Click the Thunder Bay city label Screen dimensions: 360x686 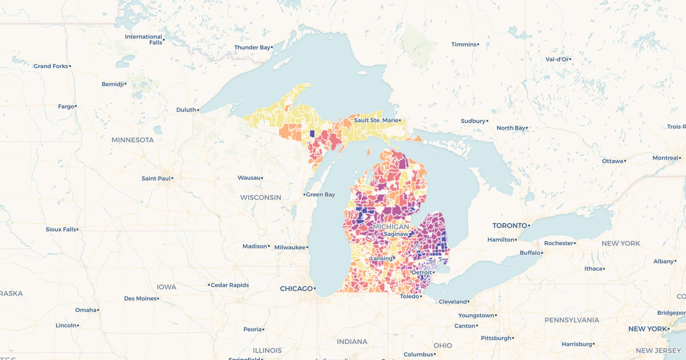[x=252, y=47]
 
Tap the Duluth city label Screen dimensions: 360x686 [x=186, y=110]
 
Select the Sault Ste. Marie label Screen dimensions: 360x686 [x=376, y=120]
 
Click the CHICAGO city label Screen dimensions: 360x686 [x=296, y=289]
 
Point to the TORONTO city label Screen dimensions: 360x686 [x=509, y=226]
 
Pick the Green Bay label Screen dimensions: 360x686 [x=321, y=195]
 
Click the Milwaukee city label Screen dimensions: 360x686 [x=290, y=247]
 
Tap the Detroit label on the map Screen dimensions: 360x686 [x=421, y=273]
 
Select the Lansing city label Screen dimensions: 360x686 [x=381, y=258]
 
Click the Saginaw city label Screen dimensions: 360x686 [x=397, y=234]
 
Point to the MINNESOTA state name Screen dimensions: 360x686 [x=133, y=140]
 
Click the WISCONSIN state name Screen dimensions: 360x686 [x=261, y=198]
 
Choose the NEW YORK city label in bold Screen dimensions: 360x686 [x=648, y=329]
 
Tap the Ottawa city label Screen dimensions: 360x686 [x=612, y=161]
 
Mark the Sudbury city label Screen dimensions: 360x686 [x=473, y=121]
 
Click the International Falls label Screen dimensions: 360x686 [x=143, y=39]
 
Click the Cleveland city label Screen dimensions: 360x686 [x=452, y=302]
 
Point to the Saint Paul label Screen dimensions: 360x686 [x=155, y=178]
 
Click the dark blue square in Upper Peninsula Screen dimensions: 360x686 [x=312, y=134]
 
